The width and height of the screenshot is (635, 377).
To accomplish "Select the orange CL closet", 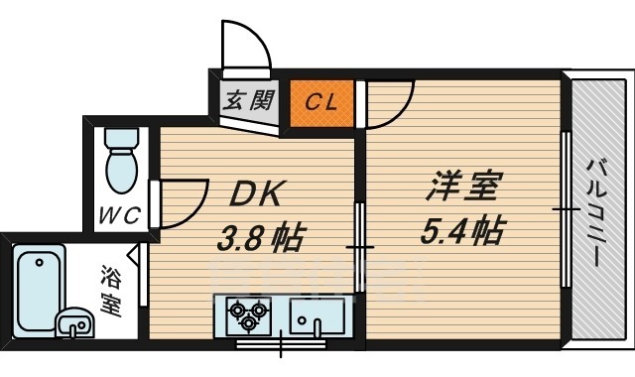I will click(319, 102).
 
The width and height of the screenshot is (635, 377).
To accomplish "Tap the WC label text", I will click(118, 213).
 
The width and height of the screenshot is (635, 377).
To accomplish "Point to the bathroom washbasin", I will click(71, 322).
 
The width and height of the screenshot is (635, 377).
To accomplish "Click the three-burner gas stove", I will click(248, 316).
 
